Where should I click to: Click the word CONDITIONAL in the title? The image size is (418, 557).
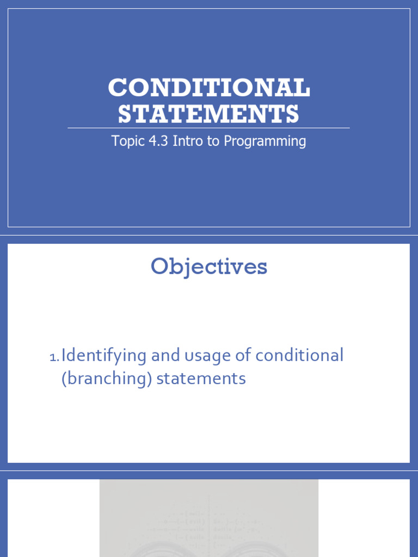209,88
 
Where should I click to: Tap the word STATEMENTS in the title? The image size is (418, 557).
209,114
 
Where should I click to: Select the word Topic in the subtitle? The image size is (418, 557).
126,141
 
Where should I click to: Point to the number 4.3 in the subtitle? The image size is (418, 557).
157,141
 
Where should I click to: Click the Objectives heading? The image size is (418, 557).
209,267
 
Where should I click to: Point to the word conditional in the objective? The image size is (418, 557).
299,356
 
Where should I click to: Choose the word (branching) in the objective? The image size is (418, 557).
106,379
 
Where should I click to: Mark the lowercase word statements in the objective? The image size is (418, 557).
201,378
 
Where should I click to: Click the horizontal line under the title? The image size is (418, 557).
209,128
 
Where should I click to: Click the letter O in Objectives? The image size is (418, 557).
159,267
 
